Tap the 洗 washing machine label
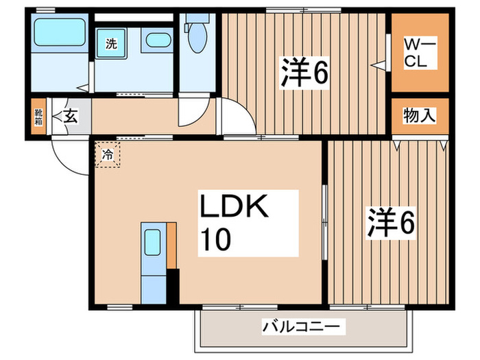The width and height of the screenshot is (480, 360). coord(110,45)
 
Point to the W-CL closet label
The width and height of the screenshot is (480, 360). coord(418,53)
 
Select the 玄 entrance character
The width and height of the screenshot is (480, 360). coord(70,116)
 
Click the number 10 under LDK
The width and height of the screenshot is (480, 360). coord(216,239)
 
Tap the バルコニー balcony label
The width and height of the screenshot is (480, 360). coord(302,327)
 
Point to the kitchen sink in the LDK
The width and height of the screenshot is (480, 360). coord(152,241)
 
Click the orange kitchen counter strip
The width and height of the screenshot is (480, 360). coord(171,245)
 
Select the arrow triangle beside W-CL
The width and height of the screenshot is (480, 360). coord(376,66)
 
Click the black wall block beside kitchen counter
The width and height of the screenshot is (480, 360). coord(173,286)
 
